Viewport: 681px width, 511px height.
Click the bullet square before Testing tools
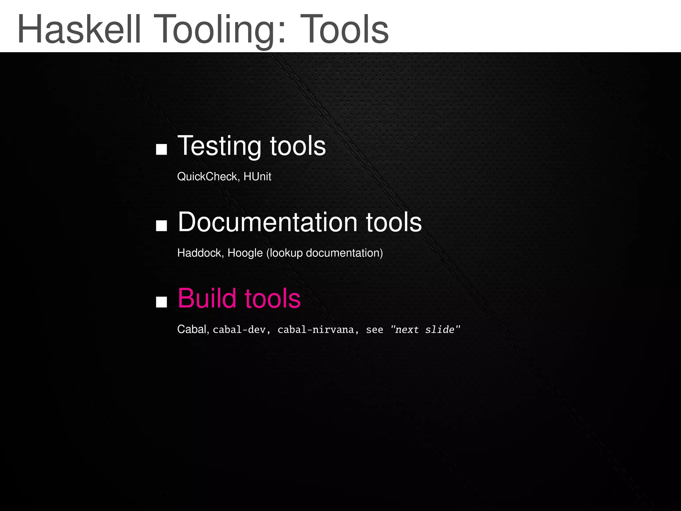pyautogui.click(x=161, y=149)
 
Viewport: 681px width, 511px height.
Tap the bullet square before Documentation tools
pyautogui.click(x=161, y=226)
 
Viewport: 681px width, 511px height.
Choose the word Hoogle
pyautogui.click(x=245, y=253)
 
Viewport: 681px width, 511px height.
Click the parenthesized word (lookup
pyautogui.click(x=285, y=253)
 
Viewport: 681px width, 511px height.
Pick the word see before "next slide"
pyautogui.click(x=374, y=330)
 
